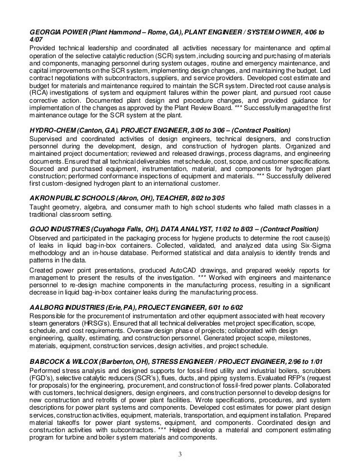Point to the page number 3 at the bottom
181,454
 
